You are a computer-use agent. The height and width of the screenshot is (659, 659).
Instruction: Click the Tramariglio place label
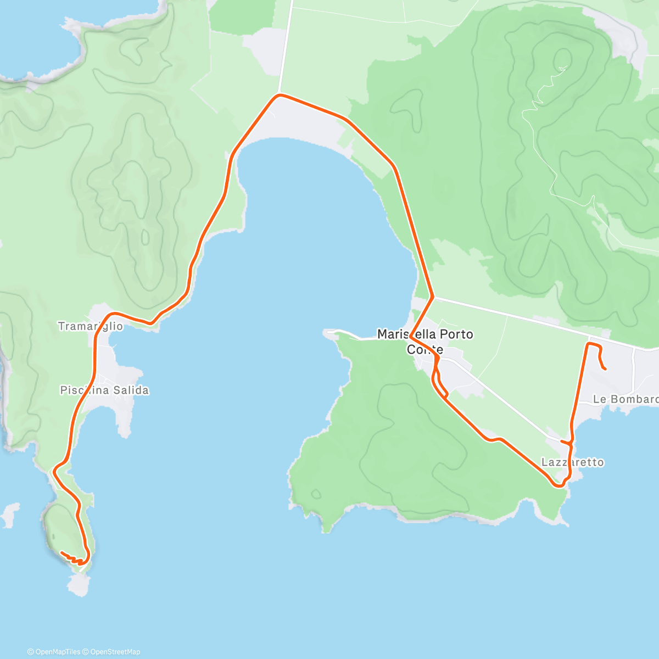pos(91,326)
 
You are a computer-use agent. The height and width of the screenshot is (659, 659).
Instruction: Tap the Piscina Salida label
pos(104,390)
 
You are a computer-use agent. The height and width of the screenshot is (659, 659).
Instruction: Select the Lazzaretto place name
pos(572,462)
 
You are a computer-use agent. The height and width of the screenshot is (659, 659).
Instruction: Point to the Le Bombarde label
pos(625,399)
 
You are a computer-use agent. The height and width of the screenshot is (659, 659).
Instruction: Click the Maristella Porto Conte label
pos(425,341)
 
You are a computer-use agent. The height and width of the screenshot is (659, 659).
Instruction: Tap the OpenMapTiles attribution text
pos(54,652)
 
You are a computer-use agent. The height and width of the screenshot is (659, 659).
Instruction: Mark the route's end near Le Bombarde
pos(605,369)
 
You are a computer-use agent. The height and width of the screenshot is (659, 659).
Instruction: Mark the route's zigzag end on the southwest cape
pos(62,552)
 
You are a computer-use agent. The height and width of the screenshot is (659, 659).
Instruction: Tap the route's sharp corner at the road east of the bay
pos(433,298)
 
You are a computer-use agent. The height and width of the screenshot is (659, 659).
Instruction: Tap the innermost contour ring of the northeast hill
pos(562,58)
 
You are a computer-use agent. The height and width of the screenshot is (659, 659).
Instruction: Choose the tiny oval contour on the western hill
pos(145,237)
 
